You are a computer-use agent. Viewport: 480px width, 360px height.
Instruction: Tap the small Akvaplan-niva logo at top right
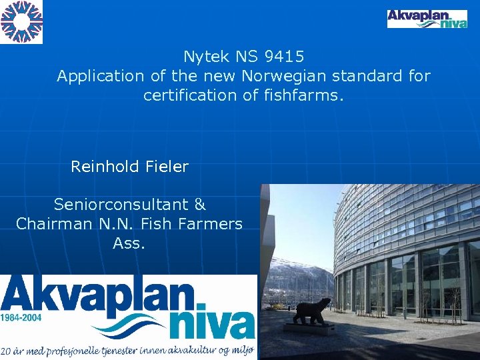tap(427, 19)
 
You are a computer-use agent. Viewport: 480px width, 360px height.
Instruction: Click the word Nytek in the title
tap(205, 57)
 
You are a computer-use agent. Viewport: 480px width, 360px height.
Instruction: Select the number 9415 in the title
tap(283, 57)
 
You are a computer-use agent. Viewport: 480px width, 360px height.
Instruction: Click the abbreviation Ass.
tap(129, 243)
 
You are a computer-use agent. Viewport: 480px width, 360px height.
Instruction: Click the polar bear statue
tap(312, 311)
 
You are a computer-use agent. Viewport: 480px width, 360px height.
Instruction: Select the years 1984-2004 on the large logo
tap(21, 317)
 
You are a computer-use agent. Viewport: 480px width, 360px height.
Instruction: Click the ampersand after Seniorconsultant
tap(200, 205)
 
